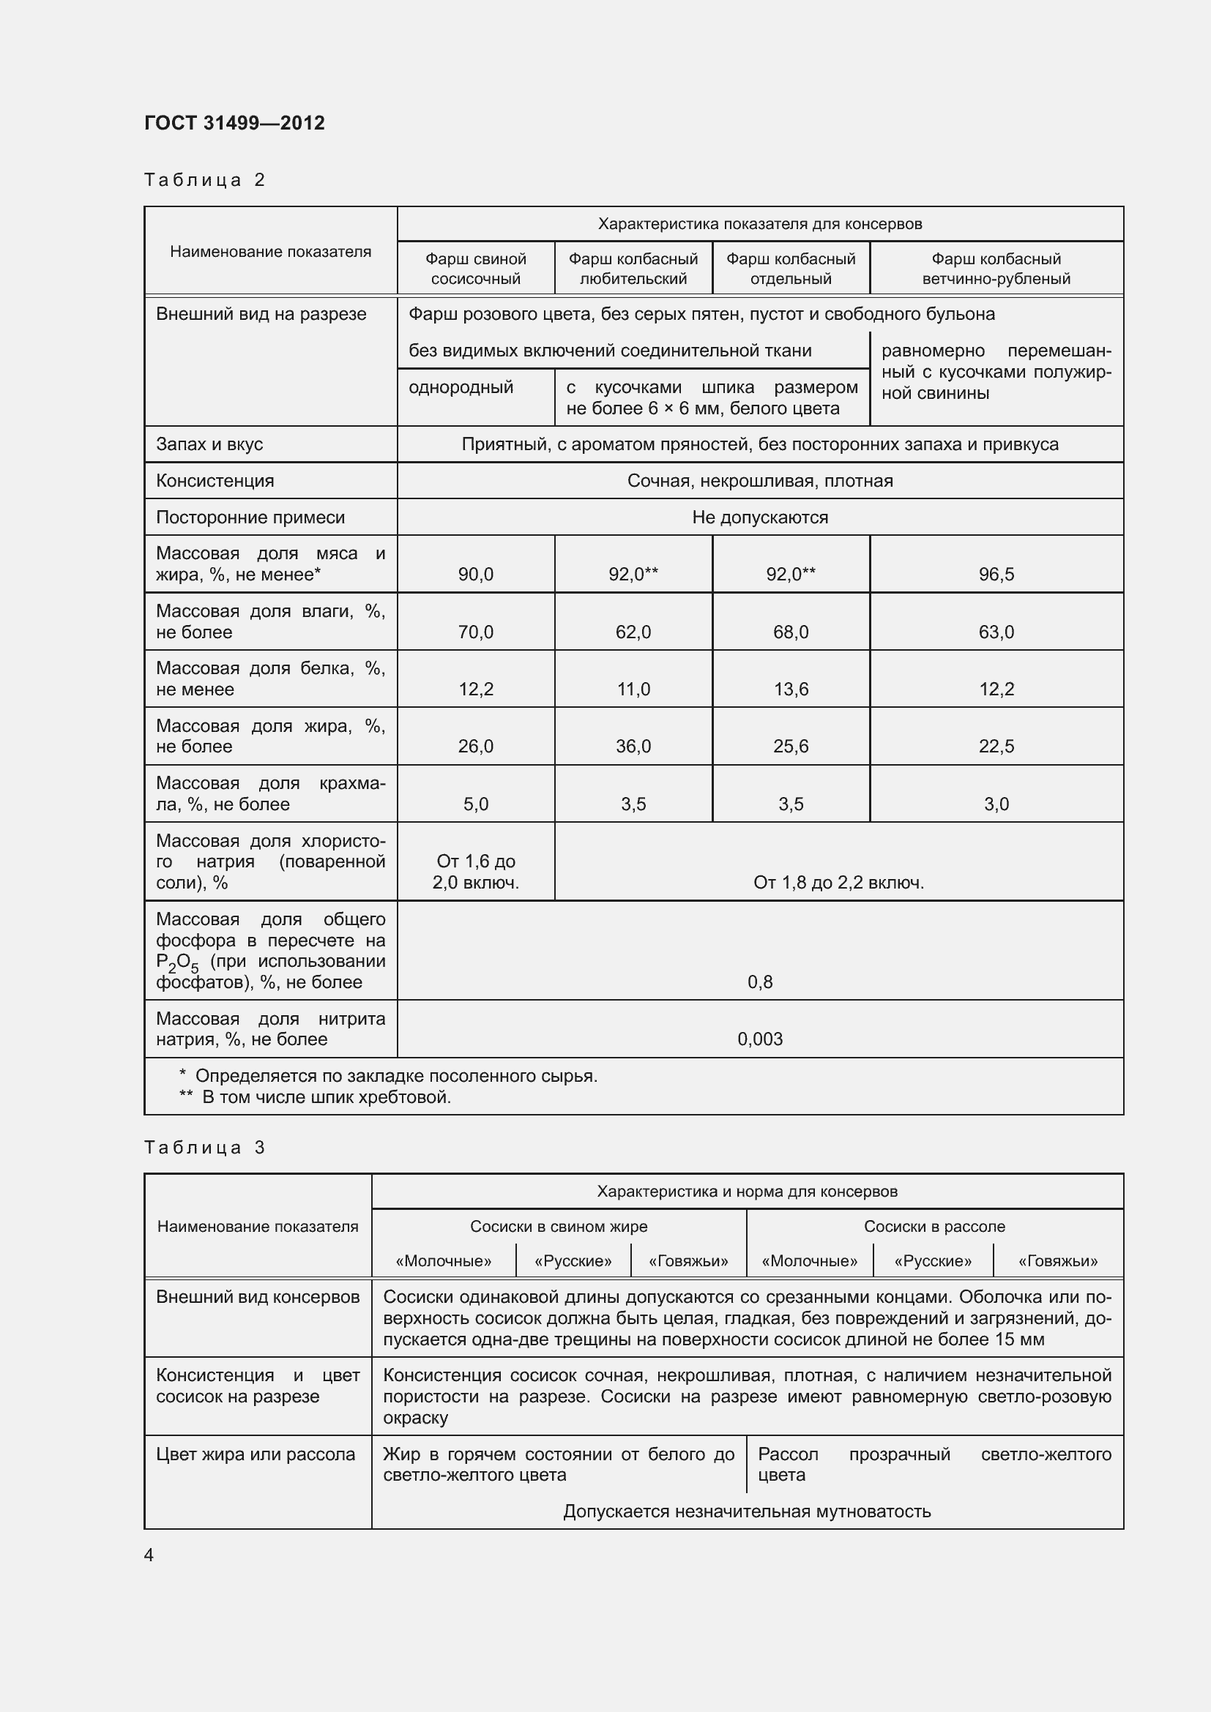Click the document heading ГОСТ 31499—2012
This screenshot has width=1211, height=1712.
tap(234, 123)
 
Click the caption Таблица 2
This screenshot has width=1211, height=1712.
tap(204, 180)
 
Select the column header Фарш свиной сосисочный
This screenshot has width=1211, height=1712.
tap(475, 269)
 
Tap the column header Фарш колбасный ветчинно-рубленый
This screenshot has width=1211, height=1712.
tap(996, 269)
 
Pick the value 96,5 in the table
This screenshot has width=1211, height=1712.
tap(996, 574)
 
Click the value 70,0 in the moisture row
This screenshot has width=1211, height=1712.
tap(475, 632)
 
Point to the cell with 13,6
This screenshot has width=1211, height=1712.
tap(791, 689)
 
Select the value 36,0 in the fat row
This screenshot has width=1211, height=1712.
tap(633, 747)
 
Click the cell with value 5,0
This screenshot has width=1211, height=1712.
tap(475, 804)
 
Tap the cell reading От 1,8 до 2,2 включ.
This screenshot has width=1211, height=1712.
tap(838, 883)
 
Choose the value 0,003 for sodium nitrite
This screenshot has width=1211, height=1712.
tap(759, 1039)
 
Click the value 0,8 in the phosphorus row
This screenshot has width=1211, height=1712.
tap(759, 982)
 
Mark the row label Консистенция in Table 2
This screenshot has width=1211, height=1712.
tap(215, 481)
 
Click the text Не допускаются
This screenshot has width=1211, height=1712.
tap(759, 517)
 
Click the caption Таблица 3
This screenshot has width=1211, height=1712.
tap(204, 1148)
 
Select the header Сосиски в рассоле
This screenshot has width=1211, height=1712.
tap(934, 1227)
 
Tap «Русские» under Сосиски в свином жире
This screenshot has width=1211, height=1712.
tap(573, 1261)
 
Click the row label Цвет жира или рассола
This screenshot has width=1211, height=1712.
tap(255, 1454)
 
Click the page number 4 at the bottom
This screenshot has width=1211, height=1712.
tap(149, 1555)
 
